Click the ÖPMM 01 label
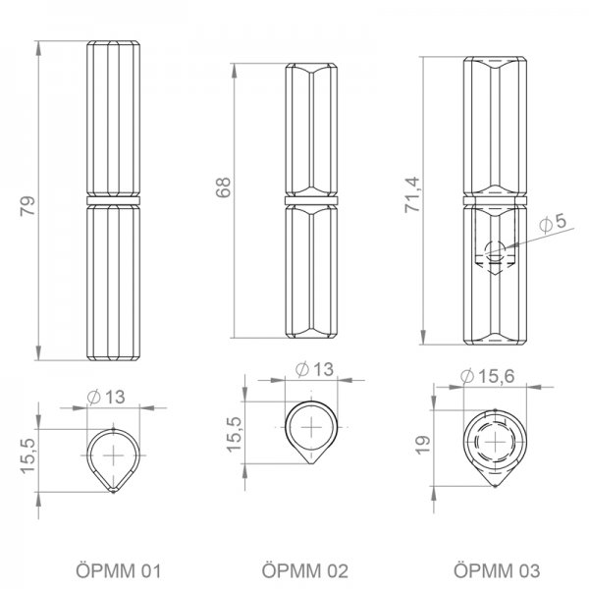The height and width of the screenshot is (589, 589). coord(119,571)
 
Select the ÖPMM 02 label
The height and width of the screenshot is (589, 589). coord(305,571)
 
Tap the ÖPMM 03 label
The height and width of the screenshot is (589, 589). coord(497,571)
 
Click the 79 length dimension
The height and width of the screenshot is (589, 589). coord(27,206)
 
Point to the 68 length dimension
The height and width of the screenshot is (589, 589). coord(223,187)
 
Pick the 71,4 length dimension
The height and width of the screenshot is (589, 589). coord(411,194)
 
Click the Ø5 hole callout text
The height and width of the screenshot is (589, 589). coord(552,223)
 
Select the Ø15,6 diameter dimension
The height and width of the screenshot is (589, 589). coord(487,376)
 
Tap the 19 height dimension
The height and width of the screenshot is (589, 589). coord(422,445)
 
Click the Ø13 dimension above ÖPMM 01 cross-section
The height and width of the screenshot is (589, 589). coord(106,397)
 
